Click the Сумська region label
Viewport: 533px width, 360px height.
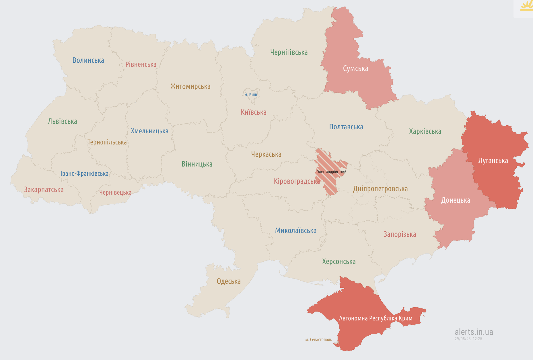point(355,69)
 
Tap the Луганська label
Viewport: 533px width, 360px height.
point(493,161)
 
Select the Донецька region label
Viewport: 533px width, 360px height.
point(456,200)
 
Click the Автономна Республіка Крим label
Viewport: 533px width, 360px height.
point(376,318)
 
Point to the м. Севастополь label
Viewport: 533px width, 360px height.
point(318,340)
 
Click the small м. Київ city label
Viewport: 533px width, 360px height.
point(250,95)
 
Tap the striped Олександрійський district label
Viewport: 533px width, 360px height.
point(331,172)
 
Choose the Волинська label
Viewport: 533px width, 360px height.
point(88,60)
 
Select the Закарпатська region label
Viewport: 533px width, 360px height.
point(44,189)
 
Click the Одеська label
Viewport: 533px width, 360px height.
point(228,281)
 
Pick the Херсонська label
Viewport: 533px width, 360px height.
point(339,261)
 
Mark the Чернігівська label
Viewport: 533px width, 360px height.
point(289,52)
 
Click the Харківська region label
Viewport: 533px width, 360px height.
point(425,131)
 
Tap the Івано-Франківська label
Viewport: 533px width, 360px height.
point(84,173)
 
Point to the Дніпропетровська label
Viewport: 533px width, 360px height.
point(380,189)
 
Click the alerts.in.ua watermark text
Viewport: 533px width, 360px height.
point(474,332)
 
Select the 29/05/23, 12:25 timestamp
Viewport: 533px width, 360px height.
point(468,339)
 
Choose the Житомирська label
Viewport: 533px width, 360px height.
point(190,86)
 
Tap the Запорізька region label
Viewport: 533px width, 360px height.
point(400,234)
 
